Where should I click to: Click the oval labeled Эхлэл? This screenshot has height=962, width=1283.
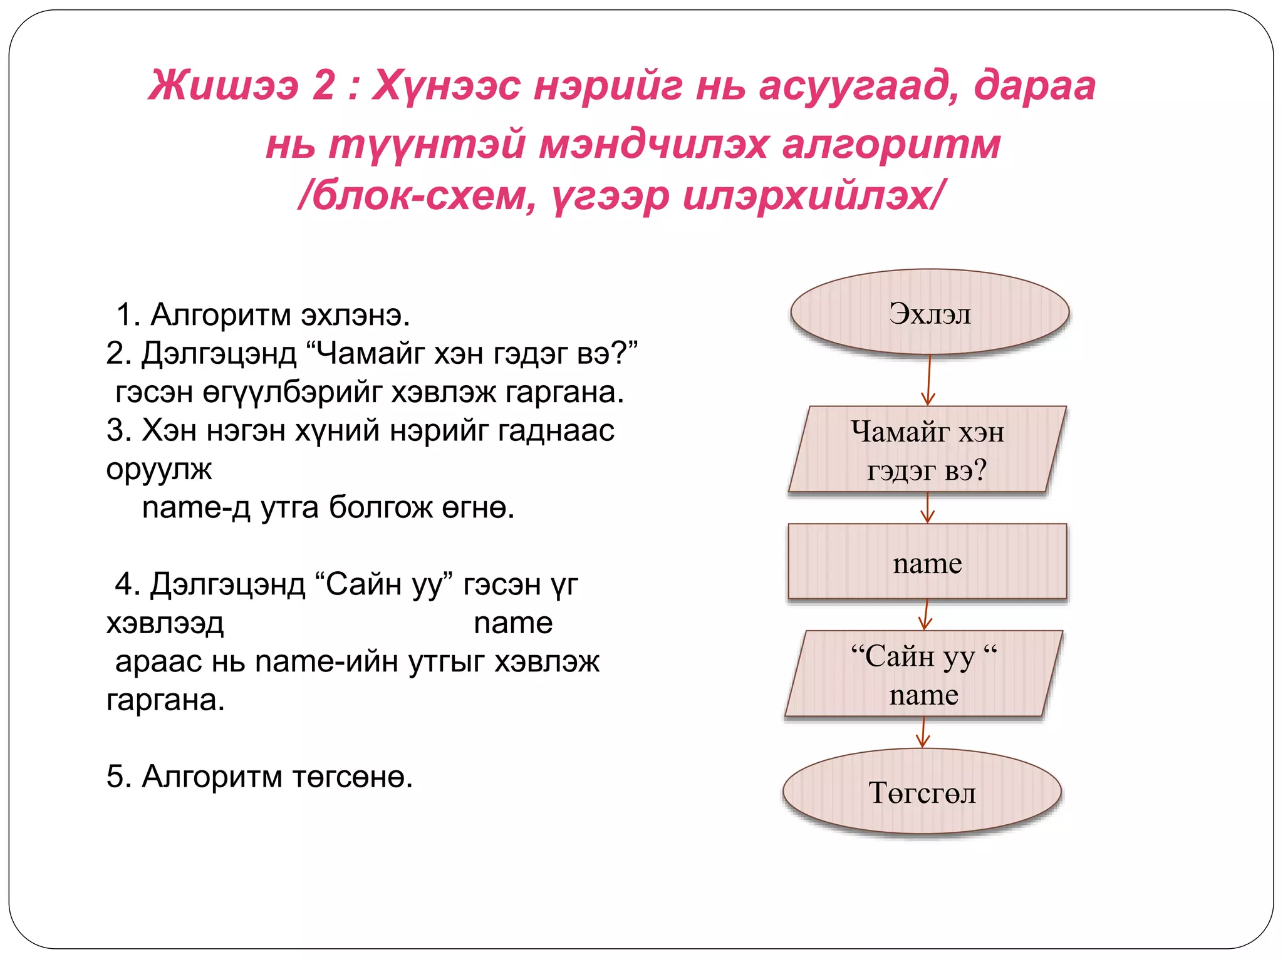click(930, 313)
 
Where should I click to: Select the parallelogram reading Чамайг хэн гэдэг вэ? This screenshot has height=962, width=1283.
click(927, 450)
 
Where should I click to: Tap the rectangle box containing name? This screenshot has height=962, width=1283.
click(927, 562)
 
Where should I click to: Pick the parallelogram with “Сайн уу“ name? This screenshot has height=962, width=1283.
click(924, 674)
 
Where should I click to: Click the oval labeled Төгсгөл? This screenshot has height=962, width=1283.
click(922, 792)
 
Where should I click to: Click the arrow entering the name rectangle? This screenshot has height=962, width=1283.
click(928, 508)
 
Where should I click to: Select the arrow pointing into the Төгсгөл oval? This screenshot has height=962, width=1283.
click(923, 732)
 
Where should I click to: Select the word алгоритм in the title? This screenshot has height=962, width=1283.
click(891, 144)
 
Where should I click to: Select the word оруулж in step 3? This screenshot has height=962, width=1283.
click(159, 469)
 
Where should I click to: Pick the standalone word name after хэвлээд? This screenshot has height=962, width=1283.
click(513, 623)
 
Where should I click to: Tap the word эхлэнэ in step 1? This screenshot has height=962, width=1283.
click(355, 314)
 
